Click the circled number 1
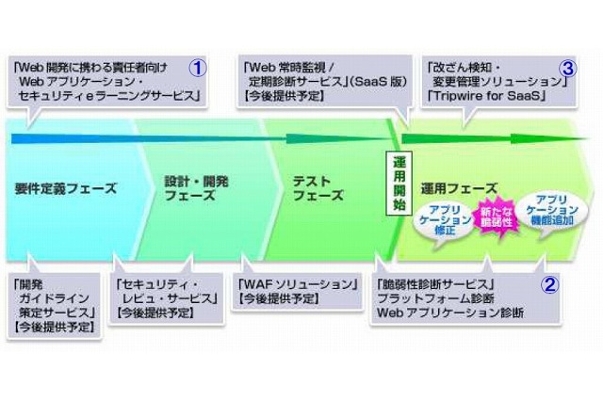tap(199, 68)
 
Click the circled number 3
tap(567, 68)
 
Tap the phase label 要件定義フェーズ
tap(66, 188)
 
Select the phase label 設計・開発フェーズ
tap(191, 188)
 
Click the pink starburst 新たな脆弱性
tap(497, 217)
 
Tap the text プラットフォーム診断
tap(432, 298)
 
